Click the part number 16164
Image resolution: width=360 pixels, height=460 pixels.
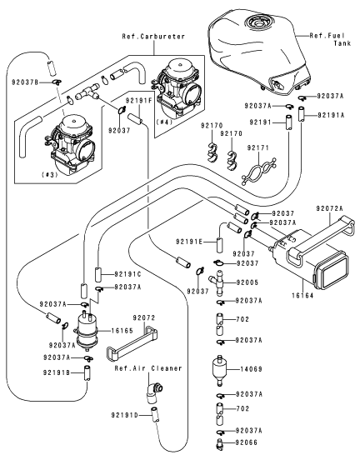[x=302, y=295]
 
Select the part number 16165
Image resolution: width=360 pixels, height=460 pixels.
[x=122, y=331]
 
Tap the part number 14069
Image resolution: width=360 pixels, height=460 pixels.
[x=251, y=369]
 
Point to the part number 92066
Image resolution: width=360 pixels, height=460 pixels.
[x=246, y=442]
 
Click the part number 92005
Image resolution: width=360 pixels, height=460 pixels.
[x=247, y=282]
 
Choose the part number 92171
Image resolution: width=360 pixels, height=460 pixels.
[x=257, y=147]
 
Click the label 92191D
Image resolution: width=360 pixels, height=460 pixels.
[x=124, y=415]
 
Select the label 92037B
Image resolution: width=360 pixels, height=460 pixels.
[x=25, y=82]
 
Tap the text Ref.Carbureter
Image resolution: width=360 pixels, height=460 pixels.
[x=153, y=37]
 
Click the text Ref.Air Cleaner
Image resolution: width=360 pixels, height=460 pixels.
[x=148, y=368]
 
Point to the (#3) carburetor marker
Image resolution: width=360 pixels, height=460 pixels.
[x=48, y=174]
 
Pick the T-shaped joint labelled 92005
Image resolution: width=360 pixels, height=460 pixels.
[x=217, y=282]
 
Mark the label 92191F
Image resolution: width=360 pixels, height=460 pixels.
[x=139, y=101]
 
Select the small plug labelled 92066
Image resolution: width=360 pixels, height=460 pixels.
[x=219, y=442]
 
